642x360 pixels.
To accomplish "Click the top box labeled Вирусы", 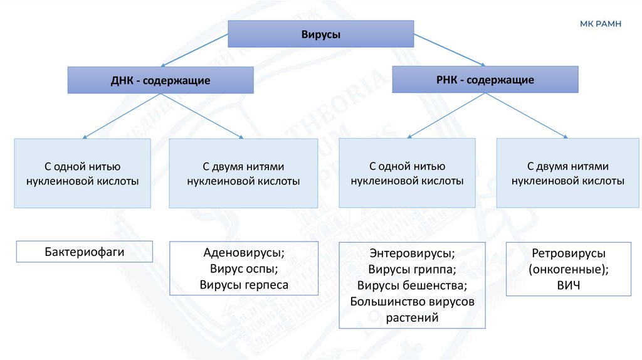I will click(x=321, y=34).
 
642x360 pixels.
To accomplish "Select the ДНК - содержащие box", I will click(x=160, y=81).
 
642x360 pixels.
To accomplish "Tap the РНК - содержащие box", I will click(x=485, y=80).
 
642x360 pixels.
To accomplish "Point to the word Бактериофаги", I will click(x=85, y=252).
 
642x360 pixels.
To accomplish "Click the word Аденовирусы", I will click(x=244, y=253).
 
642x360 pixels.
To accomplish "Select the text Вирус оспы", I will click(x=244, y=269).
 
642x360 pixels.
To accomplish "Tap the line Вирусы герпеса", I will click(x=244, y=285).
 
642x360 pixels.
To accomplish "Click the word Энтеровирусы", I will click(x=412, y=254).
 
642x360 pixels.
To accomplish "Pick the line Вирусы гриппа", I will click(x=412, y=270).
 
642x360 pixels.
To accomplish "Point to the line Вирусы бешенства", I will click(x=412, y=286).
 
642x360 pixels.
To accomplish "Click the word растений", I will click(x=412, y=318).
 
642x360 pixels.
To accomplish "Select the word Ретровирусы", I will click(x=568, y=253).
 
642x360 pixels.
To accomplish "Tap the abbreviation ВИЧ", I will click(x=568, y=285).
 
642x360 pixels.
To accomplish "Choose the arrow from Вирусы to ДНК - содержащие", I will click(x=194, y=50).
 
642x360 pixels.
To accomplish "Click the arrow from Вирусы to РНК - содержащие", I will click(x=449, y=50).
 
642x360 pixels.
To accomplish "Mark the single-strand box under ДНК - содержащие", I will click(x=82, y=173).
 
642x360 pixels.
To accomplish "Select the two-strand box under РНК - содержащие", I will click(x=567, y=173).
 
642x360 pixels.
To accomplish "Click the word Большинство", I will click(x=387, y=302).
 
